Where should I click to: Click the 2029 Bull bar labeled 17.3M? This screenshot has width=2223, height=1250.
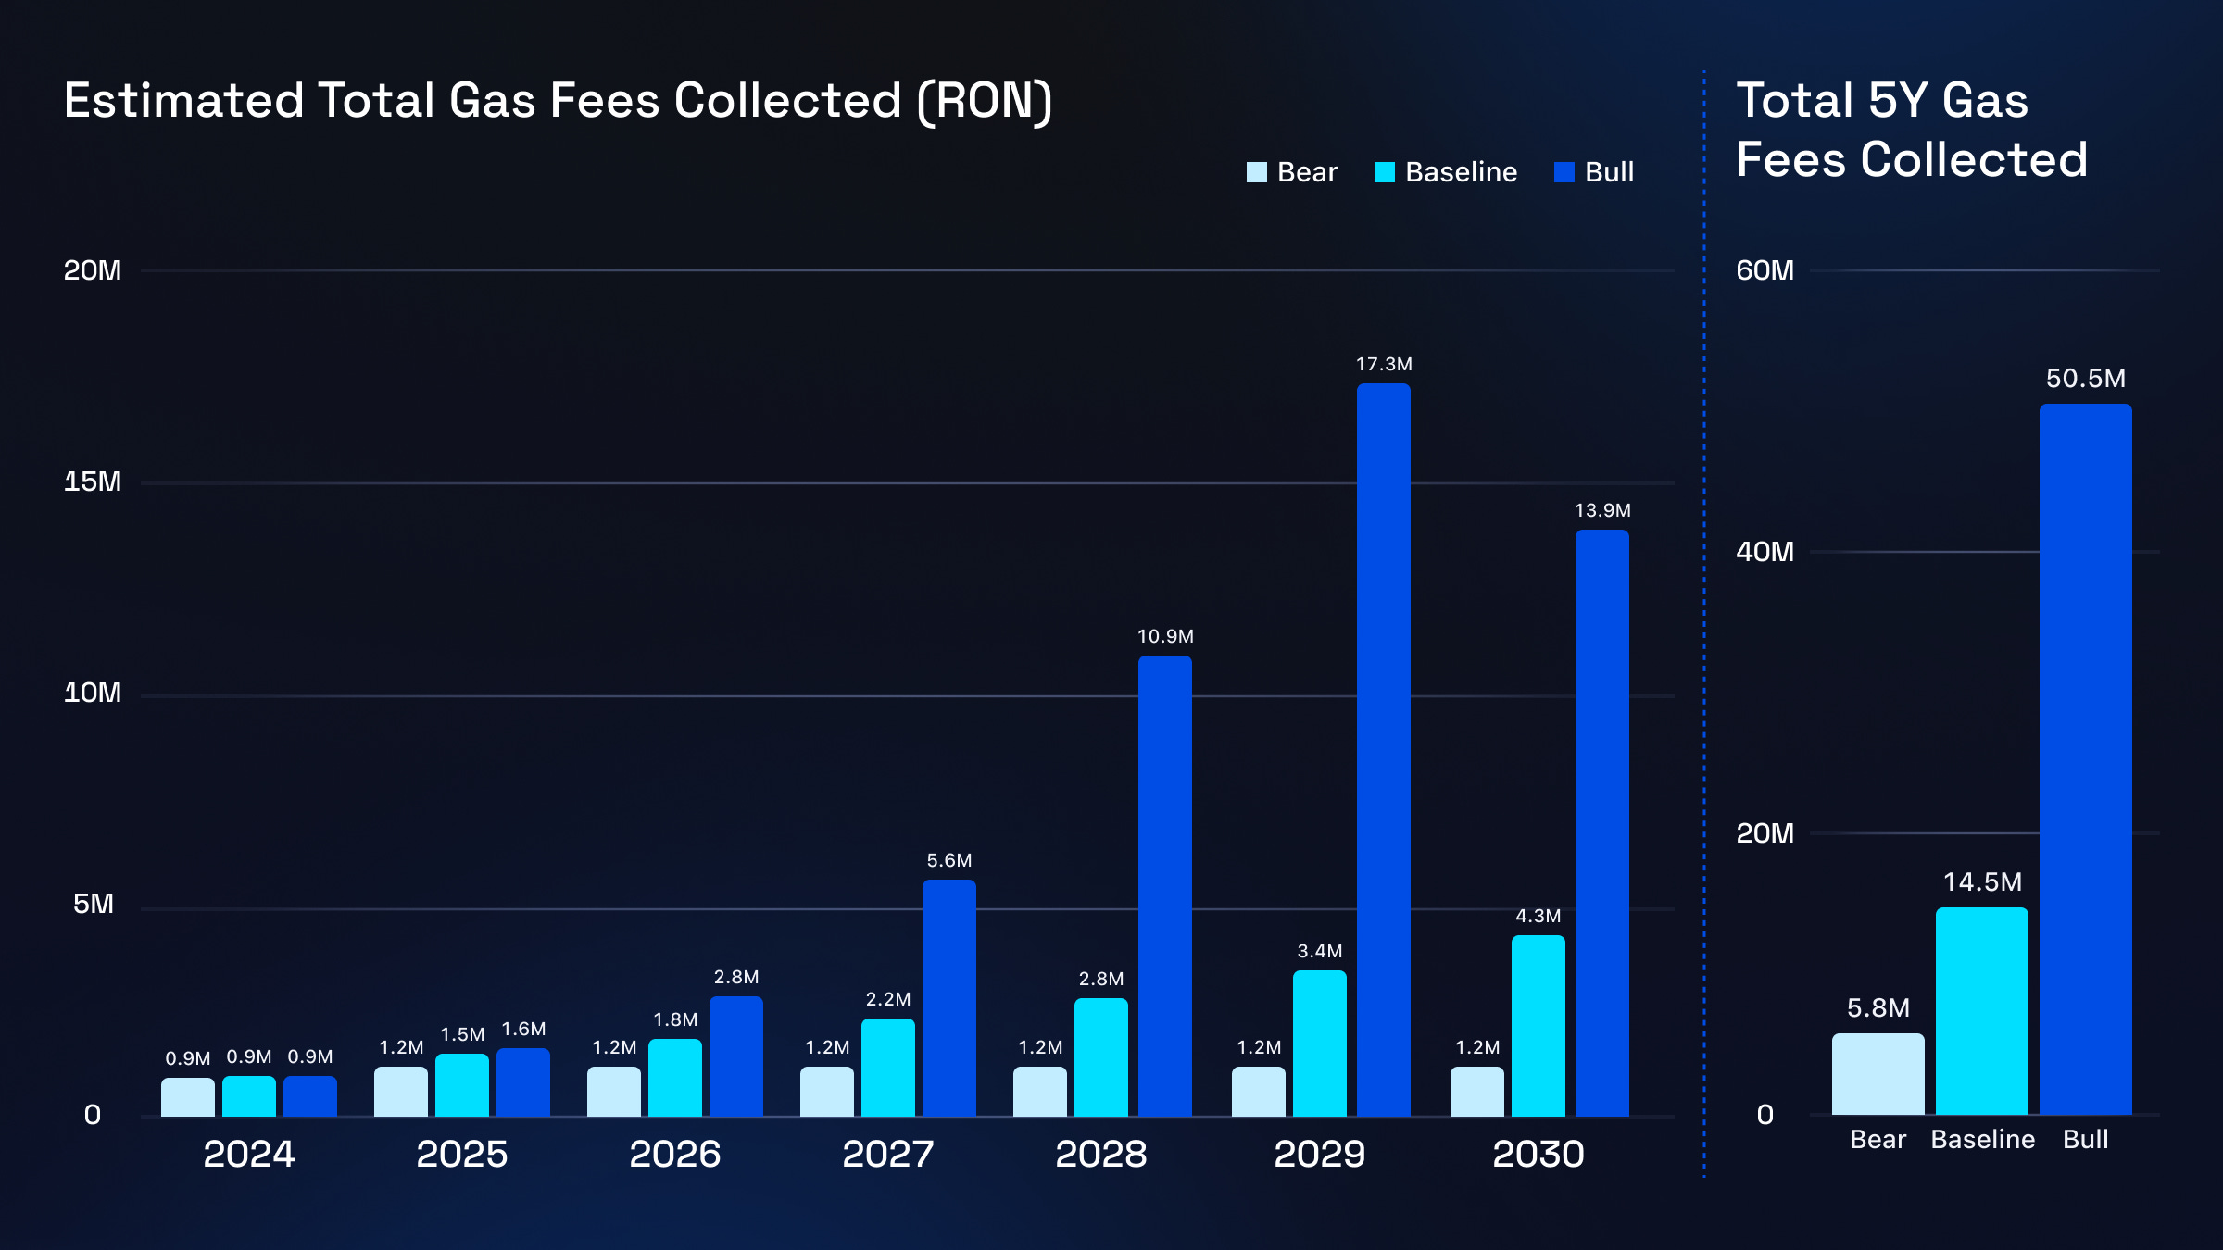[x=1384, y=750]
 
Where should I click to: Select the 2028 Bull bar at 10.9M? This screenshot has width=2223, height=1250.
[x=1165, y=886]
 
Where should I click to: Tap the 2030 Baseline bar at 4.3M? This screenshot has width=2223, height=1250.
[x=1539, y=1026]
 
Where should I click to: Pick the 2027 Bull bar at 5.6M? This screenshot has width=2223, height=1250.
[x=949, y=998]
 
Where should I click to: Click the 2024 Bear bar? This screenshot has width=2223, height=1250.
[x=188, y=1097]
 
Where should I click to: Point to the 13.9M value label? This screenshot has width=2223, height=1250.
[x=1602, y=510]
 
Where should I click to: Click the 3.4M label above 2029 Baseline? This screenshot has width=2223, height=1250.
[x=1319, y=951]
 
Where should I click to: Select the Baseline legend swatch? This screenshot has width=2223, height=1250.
[x=1385, y=172]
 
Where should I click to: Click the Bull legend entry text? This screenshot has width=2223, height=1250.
[x=1609, y=172]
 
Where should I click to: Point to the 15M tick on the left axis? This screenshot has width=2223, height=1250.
[x=93, y=481]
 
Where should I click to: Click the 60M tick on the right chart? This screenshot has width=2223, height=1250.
[x=1765, y=270]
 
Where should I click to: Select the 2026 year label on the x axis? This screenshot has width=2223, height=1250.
[x=674, y=1154]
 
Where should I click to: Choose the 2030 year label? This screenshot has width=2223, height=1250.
[x=1538, y=1154]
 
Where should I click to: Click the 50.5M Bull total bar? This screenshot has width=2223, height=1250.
[x=2085, y=759]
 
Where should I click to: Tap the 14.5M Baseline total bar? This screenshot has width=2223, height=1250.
[x=1981, y=1011]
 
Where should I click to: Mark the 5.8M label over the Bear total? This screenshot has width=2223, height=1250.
[x=1878, y=1007]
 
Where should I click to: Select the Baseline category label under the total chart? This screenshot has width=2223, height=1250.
[x=1982, y=1140]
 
